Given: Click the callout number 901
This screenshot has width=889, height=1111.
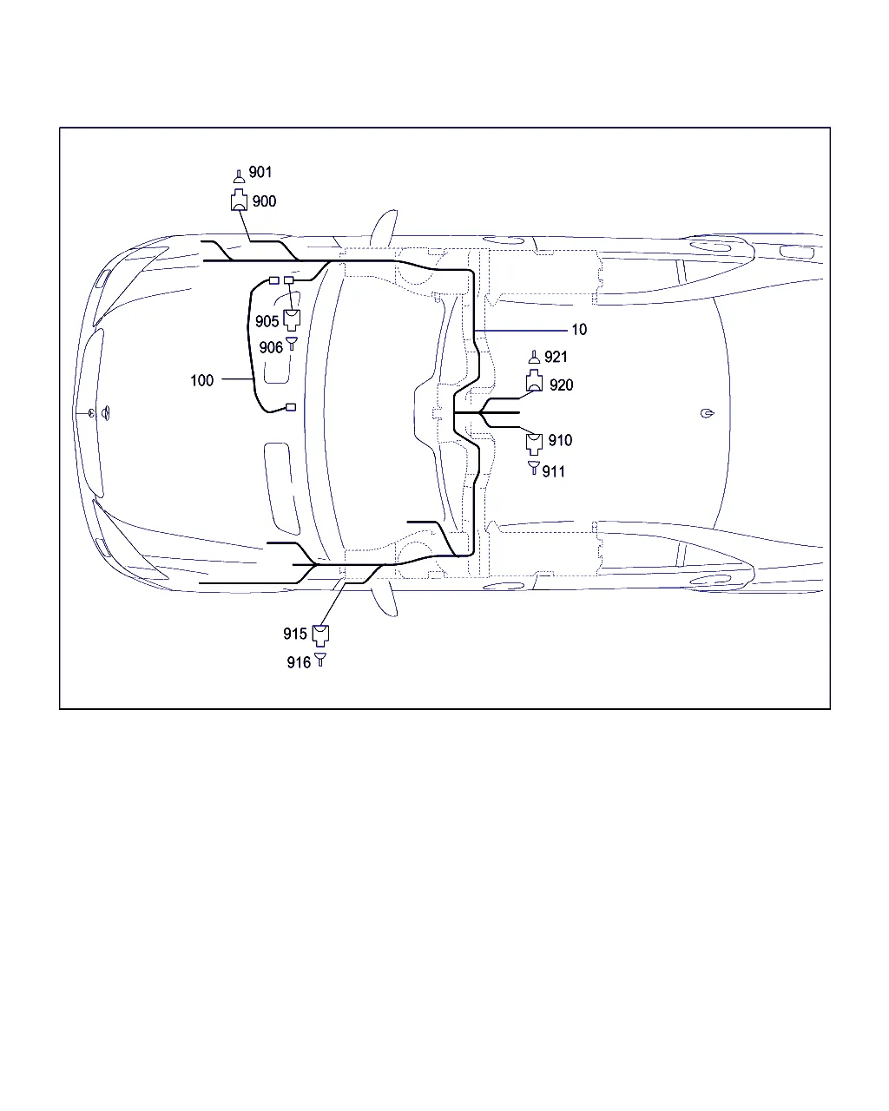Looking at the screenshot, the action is point(260,172).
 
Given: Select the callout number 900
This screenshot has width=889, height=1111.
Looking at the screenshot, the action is point(264,201).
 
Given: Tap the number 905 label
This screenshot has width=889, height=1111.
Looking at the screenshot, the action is point(267,321).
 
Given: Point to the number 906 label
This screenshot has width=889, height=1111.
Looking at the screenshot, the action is point(271,347).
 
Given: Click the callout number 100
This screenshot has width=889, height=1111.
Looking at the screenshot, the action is point(201,380).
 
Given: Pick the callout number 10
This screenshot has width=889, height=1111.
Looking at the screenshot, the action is point(579,329).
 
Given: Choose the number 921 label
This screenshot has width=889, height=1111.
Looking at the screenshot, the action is point(556,357).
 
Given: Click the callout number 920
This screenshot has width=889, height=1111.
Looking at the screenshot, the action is point(561,385).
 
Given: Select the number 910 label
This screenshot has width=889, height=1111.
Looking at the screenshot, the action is point(560,440).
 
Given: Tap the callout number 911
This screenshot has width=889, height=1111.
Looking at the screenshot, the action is point(553,471).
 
